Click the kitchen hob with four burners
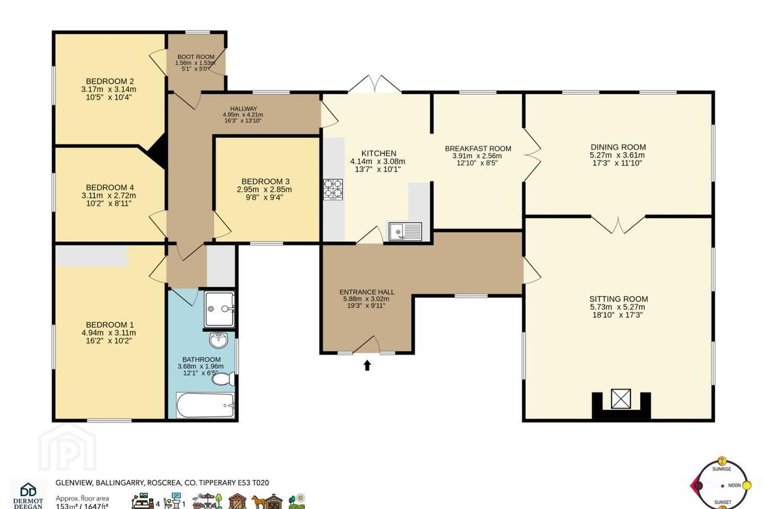(333, 190)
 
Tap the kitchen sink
(405, 232)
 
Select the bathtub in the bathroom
(205, 406)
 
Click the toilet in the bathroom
(223, 379)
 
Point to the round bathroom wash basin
(218, 340)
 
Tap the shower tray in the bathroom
(219, 309)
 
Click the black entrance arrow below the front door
(367, 365)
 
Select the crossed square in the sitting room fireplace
(621, 399)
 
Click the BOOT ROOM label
(196, 57)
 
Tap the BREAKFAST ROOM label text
(478, 148)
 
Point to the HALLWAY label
(243, 109)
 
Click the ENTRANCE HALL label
(367, 292)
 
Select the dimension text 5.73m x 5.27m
(618, 307)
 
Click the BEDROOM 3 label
(265, 181)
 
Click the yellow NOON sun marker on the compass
(747, 486)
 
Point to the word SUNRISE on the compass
(722, 469)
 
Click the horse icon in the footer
(258, 502)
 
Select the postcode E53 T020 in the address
(253, 482)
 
